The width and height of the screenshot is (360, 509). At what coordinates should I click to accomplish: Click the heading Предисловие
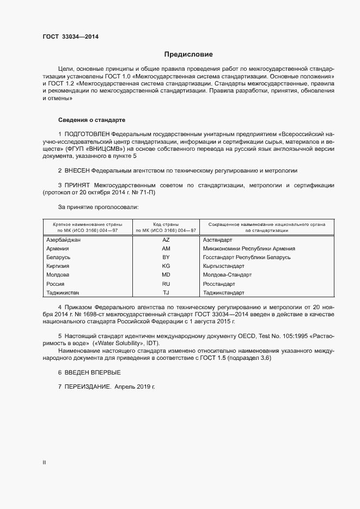[x=188, y=54]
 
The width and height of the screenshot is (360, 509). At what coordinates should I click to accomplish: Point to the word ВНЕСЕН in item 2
[x=76, y=170]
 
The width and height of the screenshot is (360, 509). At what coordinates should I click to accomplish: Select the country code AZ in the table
[x=166, y=240]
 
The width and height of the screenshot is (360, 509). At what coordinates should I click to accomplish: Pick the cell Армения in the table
[x=58, y=248]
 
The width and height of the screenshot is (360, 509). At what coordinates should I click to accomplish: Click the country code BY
[x=166, y=257]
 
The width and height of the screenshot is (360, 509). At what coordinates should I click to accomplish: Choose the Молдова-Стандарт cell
[x=227, y=275]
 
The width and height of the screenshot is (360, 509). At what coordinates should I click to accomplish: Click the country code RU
[x=166, y=284]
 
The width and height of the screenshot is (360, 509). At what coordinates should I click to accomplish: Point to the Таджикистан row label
[x=63, y=292]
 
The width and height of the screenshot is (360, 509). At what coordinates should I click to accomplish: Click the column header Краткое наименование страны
[x=87, y=224]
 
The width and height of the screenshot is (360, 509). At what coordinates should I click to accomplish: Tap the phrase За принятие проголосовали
[x=98, y=207]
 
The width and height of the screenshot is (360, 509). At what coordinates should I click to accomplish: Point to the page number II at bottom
[x=44, y=463]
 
